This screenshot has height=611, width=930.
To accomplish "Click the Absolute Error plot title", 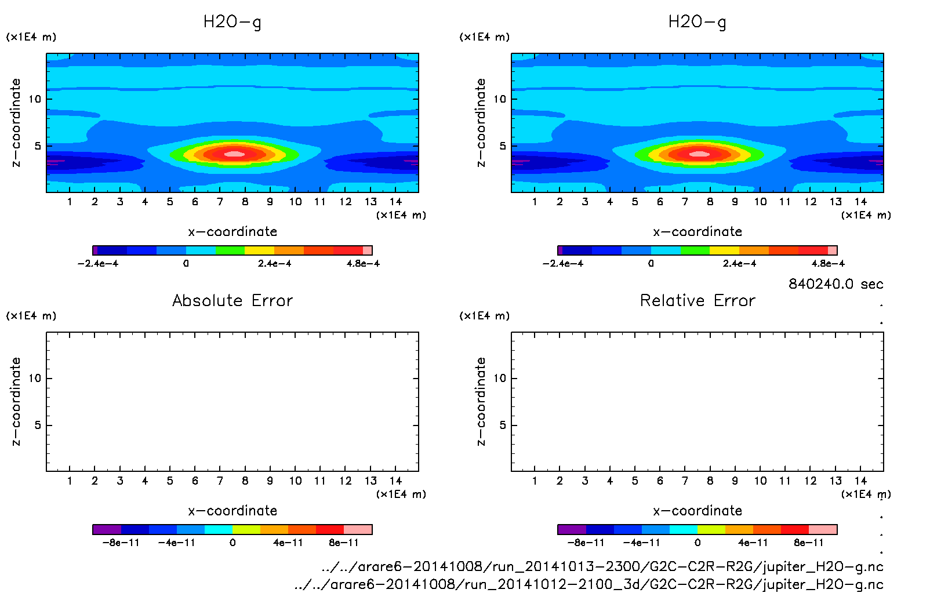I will [x=232, y=300].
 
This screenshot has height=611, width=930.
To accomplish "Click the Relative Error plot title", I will [x=697, y=300].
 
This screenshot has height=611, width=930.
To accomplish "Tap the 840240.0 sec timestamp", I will [x=835, y=284].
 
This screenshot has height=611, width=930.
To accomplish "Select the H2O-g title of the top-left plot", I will [x=232, y=22].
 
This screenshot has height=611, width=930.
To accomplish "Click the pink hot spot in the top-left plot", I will [x=234, y=154].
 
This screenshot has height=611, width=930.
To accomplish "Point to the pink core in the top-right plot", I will [x=699, y=154].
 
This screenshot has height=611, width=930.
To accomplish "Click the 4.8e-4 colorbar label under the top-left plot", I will [x=363, y=264].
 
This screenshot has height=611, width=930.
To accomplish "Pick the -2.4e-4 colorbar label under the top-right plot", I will [x=562, y=264].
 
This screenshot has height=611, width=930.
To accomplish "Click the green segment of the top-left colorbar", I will [x=230, y=250].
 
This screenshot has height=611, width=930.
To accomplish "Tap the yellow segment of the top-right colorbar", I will [x=724, y=250].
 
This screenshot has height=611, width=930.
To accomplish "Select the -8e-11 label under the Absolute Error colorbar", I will [x=121, y=543].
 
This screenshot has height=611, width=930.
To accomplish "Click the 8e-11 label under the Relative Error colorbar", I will [x=808, y=543].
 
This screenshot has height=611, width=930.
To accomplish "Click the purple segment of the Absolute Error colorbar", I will [x=107, y=529].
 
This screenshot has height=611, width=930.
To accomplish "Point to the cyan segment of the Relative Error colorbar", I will [x=684, y=529].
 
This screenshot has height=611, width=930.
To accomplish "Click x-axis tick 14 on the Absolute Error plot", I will [x=395, y=481].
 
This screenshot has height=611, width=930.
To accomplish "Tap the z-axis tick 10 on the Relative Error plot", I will [x=500, y=379].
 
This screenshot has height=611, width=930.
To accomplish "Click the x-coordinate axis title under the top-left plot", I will [x=232, y=232].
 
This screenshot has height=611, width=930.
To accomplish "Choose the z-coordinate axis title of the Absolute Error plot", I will [x=16, y=401].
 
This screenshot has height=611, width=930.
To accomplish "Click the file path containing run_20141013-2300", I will [x=602, y=566].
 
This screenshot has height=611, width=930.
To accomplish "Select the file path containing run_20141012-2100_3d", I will [x=588, y=584].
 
